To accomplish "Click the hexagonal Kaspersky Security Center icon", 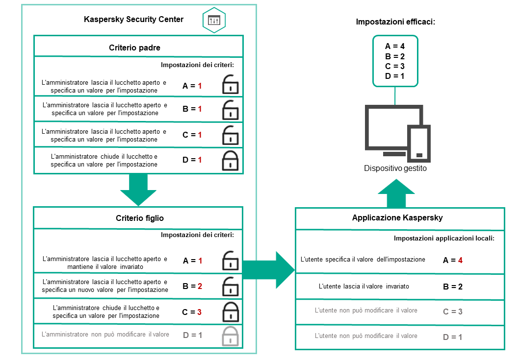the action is [x=214, y=20].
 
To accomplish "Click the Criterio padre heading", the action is [x=134, y=48].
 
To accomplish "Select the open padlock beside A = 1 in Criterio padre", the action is [x=230, y=84].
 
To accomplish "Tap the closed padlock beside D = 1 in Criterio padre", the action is [x=230, y=161].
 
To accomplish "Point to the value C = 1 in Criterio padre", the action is [x=192, y=135].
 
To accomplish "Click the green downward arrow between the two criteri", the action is [x=138, y=190].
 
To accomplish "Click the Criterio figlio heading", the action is [x=140, y=218].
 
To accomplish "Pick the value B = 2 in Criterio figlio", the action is [x=192, y=286].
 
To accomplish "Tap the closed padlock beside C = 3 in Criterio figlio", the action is [x=231, y=312].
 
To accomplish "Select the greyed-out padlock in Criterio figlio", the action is [x=231, y=336].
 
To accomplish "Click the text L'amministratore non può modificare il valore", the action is [x=105, y=335].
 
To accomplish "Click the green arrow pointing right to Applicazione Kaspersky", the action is [x=268, y=270].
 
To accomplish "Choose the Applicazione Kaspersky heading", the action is [x=397, y=218].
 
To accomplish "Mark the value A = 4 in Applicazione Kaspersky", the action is [x=453, y=261].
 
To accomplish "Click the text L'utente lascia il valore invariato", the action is [x=364, y=286].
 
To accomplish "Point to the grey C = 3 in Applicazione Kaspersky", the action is [x=453, y=312].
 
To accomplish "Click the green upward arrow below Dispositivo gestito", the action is [x=396, y=193].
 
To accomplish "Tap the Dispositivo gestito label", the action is [x=395, y=168].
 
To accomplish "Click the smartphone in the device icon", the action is [x=419, y=144].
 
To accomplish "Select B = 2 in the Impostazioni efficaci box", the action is [x=395, y=56].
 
